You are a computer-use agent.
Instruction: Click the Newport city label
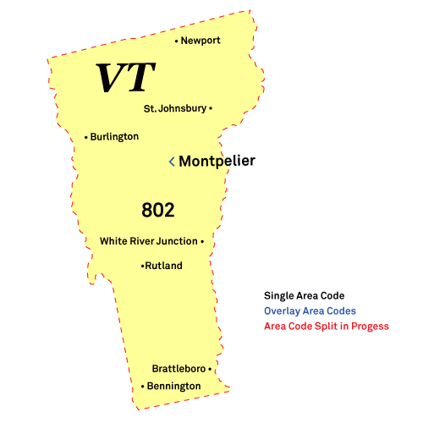[201, 41]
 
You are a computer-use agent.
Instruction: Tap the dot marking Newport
[177, 41]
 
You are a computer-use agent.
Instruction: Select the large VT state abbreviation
[125, 79]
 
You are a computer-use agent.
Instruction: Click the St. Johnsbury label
[174, 108]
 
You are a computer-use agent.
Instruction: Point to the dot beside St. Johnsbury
[211, 108]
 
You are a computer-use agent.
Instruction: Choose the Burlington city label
[115, 136]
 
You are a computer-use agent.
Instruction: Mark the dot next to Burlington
[86, 137]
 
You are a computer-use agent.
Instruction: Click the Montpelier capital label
[217, 161]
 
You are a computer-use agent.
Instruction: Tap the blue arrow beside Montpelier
[172, 161]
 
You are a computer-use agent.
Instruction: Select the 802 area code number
[158, 210]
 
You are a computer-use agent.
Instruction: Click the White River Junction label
[148, 241]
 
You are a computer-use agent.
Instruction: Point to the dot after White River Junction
[203, 241]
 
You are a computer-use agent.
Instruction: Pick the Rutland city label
[164, 266]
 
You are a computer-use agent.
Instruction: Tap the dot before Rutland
[142, 266]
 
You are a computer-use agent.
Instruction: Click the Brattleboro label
[179, 369]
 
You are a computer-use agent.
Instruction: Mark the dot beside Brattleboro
[210, 369]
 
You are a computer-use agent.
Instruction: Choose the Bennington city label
[173, 387]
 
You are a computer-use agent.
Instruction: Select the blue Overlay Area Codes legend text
[310, 310]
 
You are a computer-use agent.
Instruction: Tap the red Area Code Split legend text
[326, 326]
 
